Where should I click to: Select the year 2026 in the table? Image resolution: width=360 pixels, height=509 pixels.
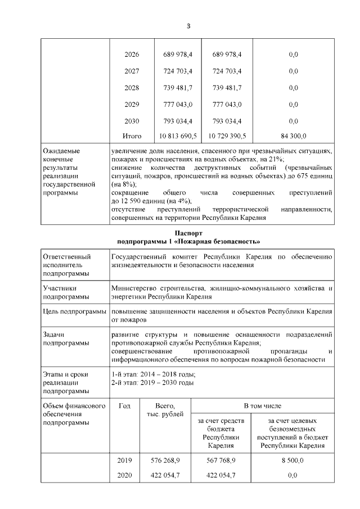(x=132, y=55)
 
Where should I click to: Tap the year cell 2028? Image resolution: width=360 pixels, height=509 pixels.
(x=132, y=88)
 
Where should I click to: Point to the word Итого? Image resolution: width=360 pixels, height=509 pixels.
(x=132, y=136)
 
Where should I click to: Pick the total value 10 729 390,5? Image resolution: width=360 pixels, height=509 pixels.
(x=227, y=136)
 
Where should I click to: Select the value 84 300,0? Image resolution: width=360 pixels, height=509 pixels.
(x=293, y=136)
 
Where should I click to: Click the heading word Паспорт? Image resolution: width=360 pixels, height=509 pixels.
(x=188, y=233)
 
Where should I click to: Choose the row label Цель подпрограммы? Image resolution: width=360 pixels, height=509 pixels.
(x=74, y=311)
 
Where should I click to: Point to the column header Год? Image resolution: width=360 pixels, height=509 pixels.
(x=124, y=405)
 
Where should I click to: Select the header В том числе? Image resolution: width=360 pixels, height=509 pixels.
(x=262, y=405)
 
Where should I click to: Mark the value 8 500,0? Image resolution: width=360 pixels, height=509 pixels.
(x=292, y=460)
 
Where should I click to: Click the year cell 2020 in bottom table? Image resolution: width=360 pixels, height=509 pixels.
(x=124, y=475)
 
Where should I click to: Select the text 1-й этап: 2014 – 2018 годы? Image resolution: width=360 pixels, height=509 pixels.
(x=153, y=374)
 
